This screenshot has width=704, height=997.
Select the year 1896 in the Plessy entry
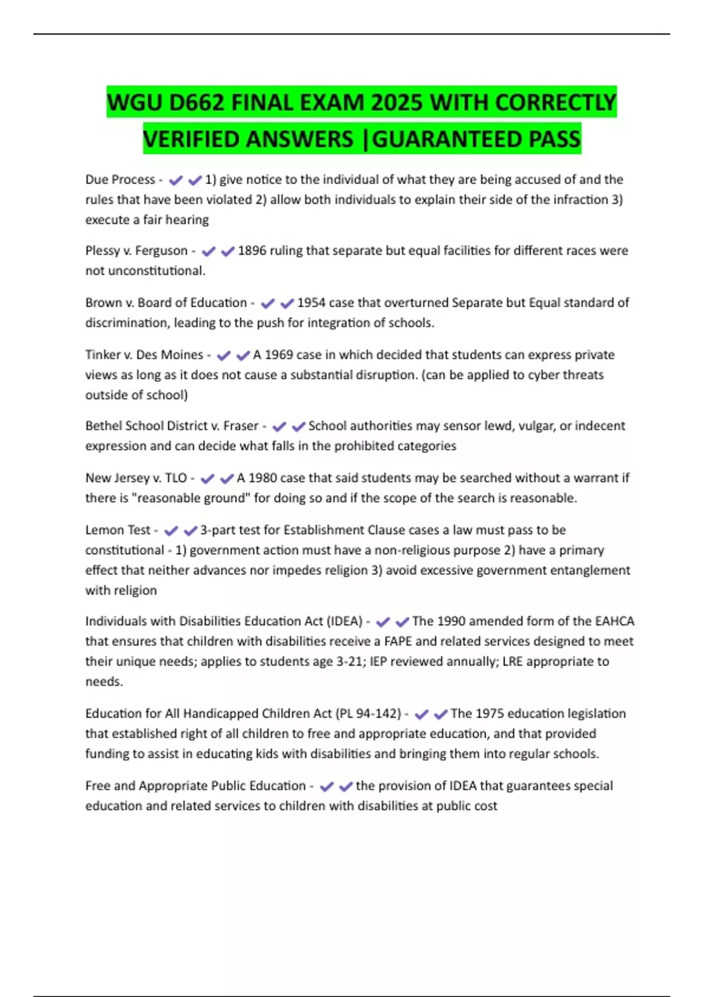[x=252, y=251]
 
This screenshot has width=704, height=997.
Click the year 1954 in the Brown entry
[x=311, y=303]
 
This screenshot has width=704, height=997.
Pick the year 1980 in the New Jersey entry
[x=262, y=478]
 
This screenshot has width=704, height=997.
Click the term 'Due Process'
[x=120, y=179]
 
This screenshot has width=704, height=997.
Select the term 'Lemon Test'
[x=118, y=530]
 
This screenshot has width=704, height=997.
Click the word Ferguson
[x=161, y=251]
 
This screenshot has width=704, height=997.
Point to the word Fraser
[x=241, y=426]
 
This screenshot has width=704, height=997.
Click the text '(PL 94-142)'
[x=368, y=714]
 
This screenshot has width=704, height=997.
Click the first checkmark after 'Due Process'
[x=175, y=180]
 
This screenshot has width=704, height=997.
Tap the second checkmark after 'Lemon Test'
[x=190, y=531]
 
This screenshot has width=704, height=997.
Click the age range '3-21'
[x=350, y=662]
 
